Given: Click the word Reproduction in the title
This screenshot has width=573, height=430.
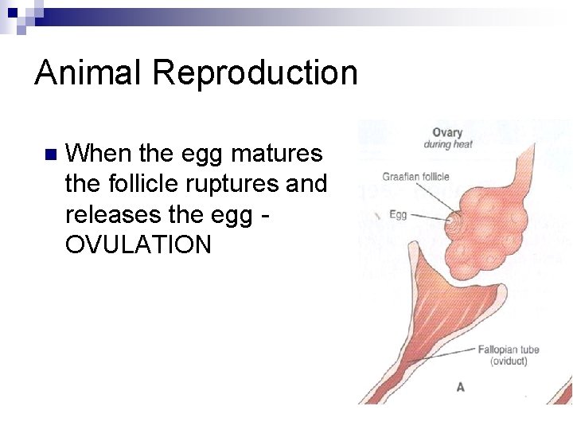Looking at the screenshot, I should coord(255,72).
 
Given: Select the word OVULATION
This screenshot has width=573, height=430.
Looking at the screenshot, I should coord(138,244).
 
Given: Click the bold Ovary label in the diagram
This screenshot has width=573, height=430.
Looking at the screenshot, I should coord(447,132).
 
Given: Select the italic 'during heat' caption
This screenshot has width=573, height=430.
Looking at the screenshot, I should coord(447,145).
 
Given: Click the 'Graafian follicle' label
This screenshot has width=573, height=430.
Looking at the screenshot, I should coord(415,177).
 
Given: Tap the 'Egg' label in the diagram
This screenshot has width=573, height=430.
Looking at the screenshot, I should coord(398,214).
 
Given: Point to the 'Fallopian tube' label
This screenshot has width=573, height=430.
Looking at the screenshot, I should coord(509,350).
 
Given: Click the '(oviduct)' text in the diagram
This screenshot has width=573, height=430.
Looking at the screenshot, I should coord(509,362).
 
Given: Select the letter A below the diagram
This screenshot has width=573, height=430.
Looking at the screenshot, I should coord(460,387).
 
